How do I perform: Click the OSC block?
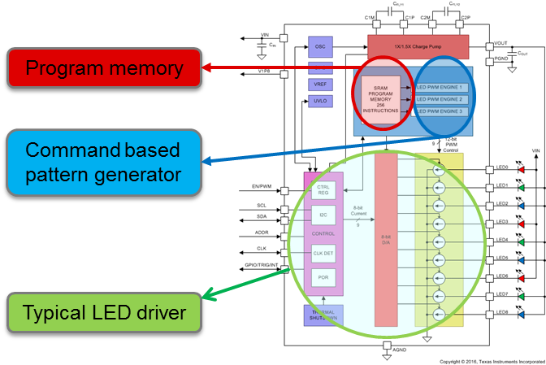(x=320, y=47)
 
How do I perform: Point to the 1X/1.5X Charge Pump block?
(x=418, y=47)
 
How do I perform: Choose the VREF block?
(x=320, y=84)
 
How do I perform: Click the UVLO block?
(x=320, y=101)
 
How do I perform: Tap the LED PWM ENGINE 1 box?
(x=439, y=87)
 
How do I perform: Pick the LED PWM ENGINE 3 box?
(x=439, y=111)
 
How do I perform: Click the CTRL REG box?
(x=323, y=190)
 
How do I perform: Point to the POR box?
(x=323, y=277)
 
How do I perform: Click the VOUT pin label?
(x=500, y=45)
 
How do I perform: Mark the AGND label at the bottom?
(x=399, y=350)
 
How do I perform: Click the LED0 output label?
(x=502, y=168)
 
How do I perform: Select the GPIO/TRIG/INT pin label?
(x=262, y=266)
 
